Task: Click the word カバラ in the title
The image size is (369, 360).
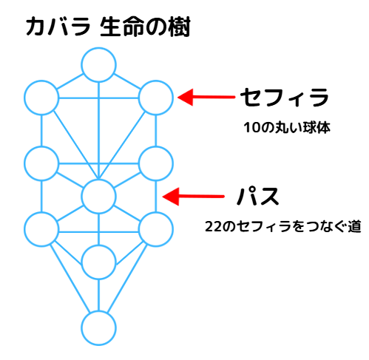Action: [x=58, y=27]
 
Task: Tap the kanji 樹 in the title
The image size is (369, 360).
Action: [x=179, y=27]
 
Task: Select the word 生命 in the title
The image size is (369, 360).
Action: [x=122, y=27]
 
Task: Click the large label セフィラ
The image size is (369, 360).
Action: [x=285, y=98]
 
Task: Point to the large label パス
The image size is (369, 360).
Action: [x=258, y=196]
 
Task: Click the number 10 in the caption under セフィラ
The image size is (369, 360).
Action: [x=252, y=128]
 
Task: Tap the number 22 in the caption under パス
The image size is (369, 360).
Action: [x=213, y=226]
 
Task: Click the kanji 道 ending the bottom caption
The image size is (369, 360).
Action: [x=354, y=226]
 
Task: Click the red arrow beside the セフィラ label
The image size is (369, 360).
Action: [x=206, y=97]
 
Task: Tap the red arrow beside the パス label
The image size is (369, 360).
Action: [x=194, y=197]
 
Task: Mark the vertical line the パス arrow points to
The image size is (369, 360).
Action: [x=156, y=197]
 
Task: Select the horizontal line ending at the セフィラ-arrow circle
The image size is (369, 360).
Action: [x=98, y=98]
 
